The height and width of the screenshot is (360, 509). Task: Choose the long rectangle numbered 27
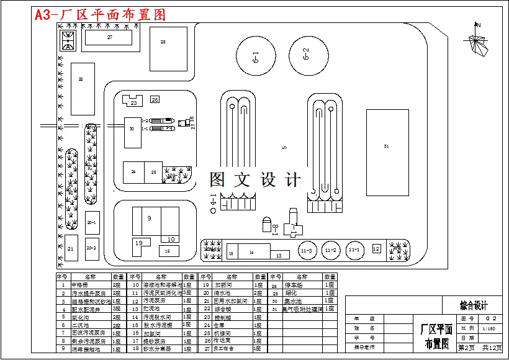[109, 38]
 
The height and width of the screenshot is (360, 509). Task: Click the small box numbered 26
[155, 99]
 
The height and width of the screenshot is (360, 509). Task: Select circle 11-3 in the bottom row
[305, 251]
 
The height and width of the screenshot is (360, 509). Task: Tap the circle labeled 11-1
[354, 250]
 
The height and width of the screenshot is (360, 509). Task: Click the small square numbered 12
[376, 248]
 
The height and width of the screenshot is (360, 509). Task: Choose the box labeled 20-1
[92, 222]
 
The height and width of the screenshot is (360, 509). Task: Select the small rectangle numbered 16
[168, 251]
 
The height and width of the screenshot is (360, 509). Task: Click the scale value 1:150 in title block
[489, 328]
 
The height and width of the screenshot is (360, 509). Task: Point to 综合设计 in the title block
[473, 305]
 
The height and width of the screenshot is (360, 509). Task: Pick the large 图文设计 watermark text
[254, 180]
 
